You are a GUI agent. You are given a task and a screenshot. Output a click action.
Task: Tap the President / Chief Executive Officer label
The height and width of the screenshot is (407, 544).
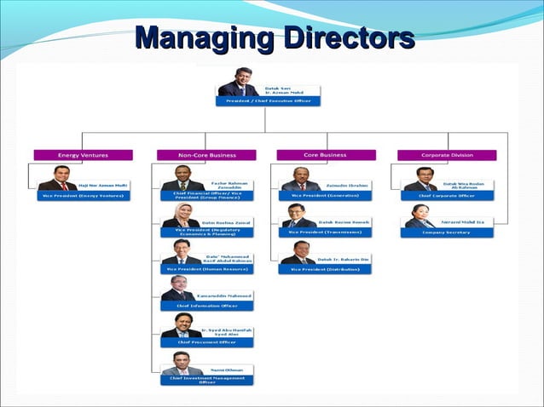(268, 100)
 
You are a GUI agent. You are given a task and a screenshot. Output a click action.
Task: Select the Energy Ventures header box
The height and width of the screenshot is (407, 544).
(83, 155)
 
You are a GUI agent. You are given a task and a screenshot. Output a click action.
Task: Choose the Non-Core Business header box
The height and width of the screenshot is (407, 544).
(206, 155)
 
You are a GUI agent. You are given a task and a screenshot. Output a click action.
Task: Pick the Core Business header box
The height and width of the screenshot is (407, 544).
(325, 155)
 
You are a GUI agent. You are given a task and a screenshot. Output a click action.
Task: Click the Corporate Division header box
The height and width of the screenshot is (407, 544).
(447, 155)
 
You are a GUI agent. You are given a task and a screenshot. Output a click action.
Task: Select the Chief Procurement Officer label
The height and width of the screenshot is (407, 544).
(207, 342)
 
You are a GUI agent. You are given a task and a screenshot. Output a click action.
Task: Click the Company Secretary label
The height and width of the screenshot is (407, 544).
(447, 232)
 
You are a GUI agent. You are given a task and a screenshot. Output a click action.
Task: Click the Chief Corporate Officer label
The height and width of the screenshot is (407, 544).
(447, 195)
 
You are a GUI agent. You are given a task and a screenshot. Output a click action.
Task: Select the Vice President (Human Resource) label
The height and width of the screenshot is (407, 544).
(207, 269)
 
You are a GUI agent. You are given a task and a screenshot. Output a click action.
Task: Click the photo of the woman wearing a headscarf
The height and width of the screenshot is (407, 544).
(182, 215)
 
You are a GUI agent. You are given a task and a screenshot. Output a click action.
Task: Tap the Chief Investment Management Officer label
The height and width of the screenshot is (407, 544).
(207, 380)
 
